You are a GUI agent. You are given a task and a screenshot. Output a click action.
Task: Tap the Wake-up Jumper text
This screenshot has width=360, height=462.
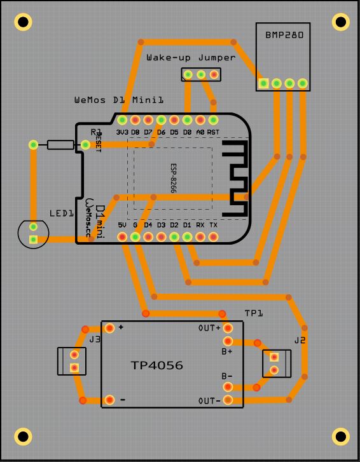tap(191, 57)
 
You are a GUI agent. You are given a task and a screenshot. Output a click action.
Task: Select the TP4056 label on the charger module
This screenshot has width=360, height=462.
tap(156, 365)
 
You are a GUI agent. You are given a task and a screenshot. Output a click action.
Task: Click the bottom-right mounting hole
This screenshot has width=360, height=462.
tap(342, 437)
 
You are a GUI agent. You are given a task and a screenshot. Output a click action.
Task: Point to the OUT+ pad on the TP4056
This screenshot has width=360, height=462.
tap(228, 328)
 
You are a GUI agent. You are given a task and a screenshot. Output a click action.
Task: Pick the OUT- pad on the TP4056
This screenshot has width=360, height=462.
tap(228, 400)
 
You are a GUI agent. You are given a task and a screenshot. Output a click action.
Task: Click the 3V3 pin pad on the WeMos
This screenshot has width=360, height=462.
tap(122, 119)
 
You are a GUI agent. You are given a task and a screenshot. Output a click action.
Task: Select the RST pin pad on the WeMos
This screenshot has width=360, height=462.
tap(213, 119)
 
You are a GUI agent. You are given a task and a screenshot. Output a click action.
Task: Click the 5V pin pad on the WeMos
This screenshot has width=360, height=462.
tap(122, 237)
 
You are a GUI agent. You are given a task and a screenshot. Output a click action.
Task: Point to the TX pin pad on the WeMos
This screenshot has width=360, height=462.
tap(213, 237)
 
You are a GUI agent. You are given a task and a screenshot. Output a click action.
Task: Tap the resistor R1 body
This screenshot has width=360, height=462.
tap(60, 145)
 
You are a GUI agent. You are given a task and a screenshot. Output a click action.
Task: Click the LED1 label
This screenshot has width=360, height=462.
tap(62, 214)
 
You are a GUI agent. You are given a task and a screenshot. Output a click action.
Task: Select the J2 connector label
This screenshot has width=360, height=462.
tap(300, 341)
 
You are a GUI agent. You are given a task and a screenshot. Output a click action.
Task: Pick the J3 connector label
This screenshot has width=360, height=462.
tap(95, 341)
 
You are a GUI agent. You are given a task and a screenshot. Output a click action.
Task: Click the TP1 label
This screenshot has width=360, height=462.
tap(254, 313)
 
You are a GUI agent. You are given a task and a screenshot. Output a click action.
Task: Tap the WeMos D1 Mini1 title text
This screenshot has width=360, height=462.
tap(119, 100)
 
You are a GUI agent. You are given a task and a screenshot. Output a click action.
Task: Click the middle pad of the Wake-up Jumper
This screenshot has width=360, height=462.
tap(201, 74)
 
